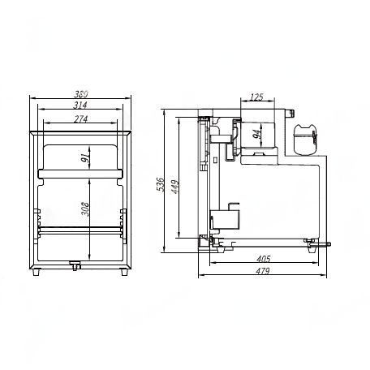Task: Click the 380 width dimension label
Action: click(x=81, y=94)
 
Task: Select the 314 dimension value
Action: click(x=80, y=105)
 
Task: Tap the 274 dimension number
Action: click(x=81, y=118)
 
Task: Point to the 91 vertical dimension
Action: click(x=85, y=157)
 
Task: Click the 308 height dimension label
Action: click(x=85, y=209)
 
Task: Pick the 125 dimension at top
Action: click(x=256, y=97)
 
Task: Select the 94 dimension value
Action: click(x=257, y=134)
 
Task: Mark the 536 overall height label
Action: click(x=160, y=184)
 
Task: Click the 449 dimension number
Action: click(x=175, y=187)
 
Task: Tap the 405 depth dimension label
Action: click(x=264, y=259)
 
